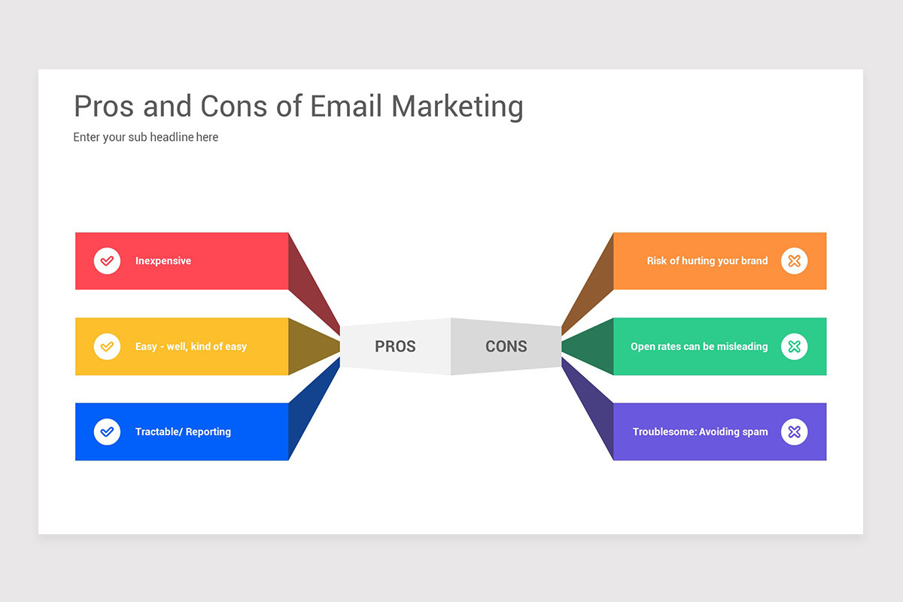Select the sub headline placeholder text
point(146,137)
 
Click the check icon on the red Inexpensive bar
point(107,261)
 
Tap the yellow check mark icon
point(107,346)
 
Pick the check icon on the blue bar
point(107,432)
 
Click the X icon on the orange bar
point(794,261)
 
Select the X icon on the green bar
point(794,346)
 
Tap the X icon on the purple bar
point(794,432)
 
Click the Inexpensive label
point(163,261)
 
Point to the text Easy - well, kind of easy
point(191,347)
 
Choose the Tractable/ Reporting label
point(183,432)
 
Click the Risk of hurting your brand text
point(707,261)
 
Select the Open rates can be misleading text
point(699,347)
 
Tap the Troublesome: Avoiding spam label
point(700,432)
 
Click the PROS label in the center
point(395,347)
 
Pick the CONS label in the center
point(506,347)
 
